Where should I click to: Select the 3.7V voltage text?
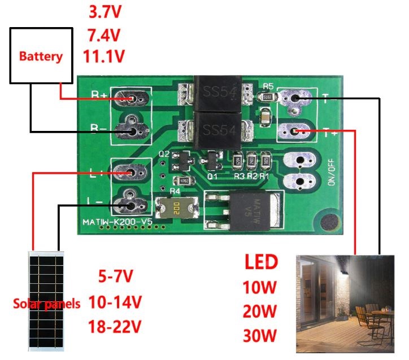(x=105, y=12)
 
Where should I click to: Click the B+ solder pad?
(x=132, y=99)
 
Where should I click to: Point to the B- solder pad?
(x=132, y=131)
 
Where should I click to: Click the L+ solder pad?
(x=130, y=172)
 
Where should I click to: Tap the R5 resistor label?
(x=268, y=86)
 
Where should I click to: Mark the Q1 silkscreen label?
(x=212, y=175)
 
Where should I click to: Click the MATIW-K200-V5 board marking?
(x=117, y=222)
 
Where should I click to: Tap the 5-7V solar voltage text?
(x=115, y=277)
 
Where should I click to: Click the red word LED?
(x=261, y=262)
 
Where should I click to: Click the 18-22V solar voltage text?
(x=115, y=326)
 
